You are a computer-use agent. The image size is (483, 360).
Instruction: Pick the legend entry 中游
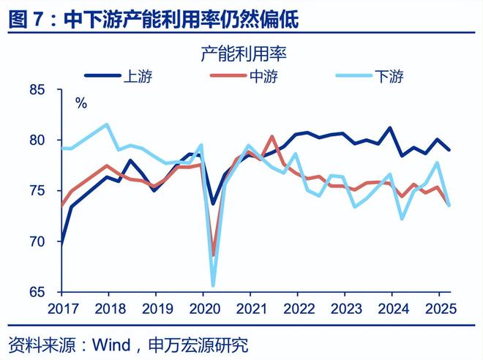[270, 75]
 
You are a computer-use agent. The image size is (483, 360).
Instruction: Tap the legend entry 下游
[389, 75]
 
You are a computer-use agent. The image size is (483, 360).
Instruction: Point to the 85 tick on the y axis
[37, 90]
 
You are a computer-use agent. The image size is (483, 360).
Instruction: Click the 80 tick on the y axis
[37, 140]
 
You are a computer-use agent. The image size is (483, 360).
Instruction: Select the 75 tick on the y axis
[37, 191]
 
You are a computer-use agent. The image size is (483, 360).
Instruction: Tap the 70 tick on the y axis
[37, 241]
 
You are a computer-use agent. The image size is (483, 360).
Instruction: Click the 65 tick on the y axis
[37, 292]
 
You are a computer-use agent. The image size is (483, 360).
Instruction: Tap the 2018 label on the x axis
[108, 309]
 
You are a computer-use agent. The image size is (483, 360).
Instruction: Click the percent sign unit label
[80, 104]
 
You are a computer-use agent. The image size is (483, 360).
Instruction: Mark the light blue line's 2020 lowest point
[213, 285]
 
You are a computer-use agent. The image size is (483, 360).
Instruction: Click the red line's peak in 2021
[272, 137]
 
